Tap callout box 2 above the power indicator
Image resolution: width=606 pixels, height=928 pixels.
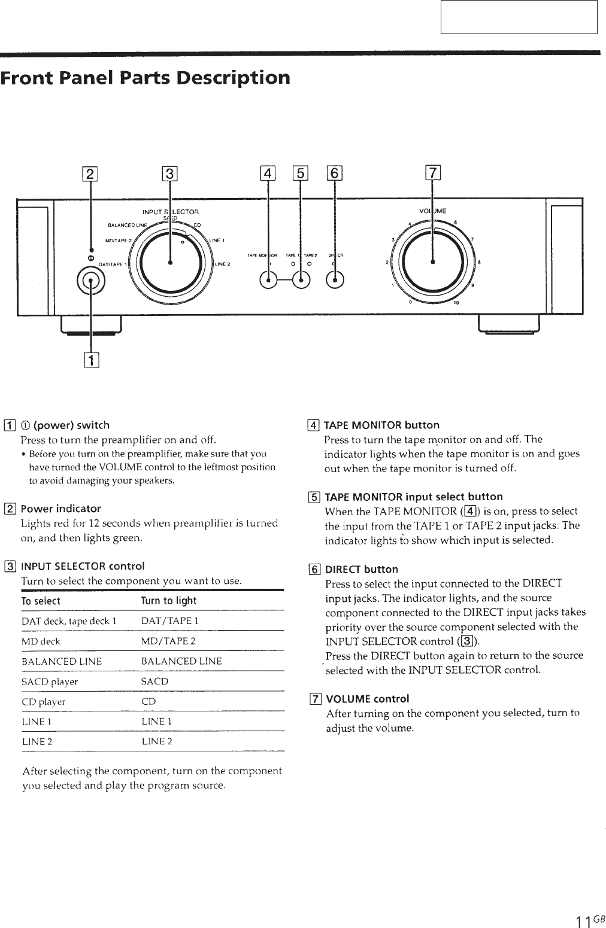[x=90, y=174]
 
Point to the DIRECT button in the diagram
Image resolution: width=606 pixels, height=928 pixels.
[x=335, y=280]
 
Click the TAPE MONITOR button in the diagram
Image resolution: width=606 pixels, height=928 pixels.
[x=269, y=280]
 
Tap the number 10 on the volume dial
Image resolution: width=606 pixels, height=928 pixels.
[x=456, y=303]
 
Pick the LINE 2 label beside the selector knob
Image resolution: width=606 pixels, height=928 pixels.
[x=223, y=264]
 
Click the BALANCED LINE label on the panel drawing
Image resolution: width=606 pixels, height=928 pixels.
[x=127, y=225]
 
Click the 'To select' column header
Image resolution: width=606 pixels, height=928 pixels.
[x=41, y=601]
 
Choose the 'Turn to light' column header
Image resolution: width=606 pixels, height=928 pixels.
[x=168, y=601]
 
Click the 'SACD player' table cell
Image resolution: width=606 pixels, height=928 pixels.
[x=50, y=681]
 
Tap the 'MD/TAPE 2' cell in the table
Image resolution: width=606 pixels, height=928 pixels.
[x=168, y=641]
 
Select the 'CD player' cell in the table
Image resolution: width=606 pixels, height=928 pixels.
[x=44, y=701]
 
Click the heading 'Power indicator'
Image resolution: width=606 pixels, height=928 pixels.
[x=60, y=509]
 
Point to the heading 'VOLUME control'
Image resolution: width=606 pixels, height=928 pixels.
[x=367, y=699]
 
